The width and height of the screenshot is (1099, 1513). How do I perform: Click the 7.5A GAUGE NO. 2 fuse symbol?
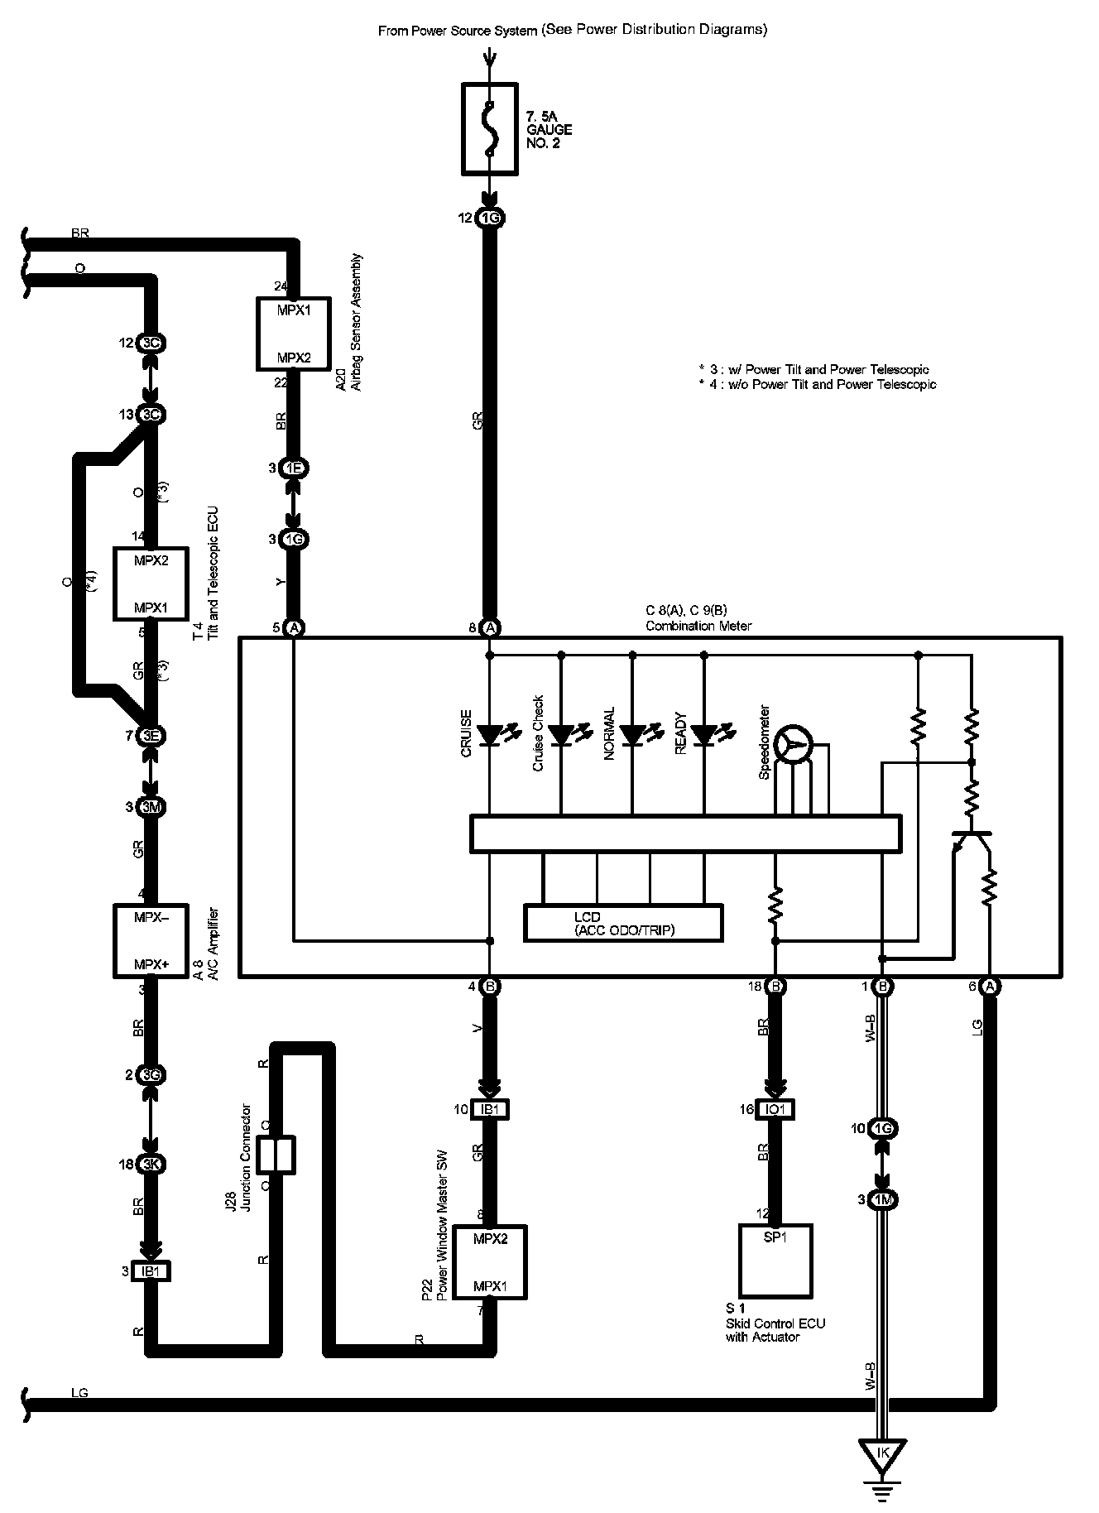coord(489,128)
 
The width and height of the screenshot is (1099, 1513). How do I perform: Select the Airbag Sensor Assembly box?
coord(294,334)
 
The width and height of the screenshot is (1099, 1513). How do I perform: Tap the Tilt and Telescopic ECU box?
coord(151,584)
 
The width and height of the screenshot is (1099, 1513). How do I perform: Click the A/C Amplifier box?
coord(151,940)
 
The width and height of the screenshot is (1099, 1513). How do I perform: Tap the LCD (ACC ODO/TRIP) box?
coord(623,923)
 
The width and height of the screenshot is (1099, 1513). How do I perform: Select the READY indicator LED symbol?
coord(704,733)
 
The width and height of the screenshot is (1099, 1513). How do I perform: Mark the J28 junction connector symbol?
coord(276,1154)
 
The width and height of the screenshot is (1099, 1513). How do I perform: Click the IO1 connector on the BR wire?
coord(775,1109)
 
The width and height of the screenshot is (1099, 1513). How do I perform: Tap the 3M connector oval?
coord(151,807)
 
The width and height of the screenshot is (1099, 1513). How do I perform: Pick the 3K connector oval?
coord(151,1164)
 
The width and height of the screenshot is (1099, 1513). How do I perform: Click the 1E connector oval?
coord(294,468)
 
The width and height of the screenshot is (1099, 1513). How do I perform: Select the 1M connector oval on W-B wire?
coord(882,1199)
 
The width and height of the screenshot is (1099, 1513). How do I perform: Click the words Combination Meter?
coord(698,626)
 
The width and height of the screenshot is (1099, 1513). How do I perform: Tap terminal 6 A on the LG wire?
coord(989,986)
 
